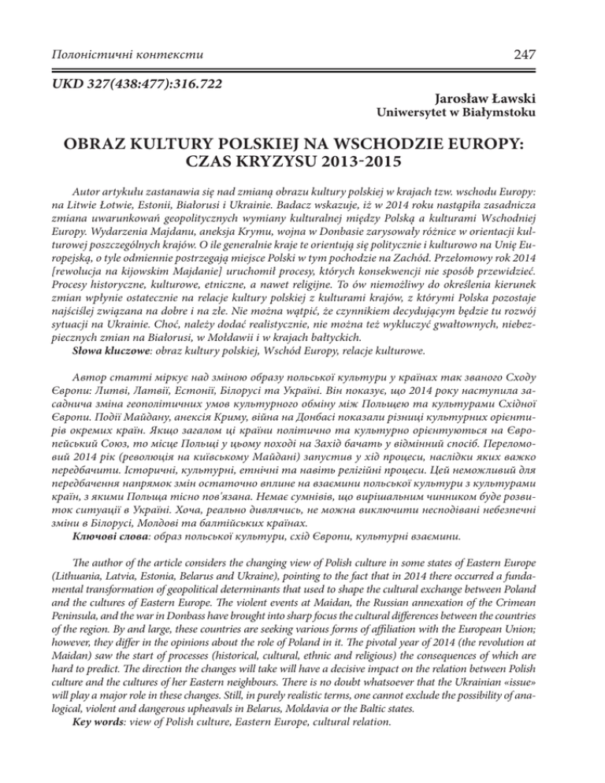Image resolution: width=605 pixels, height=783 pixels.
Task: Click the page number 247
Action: [x=567, y=55]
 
